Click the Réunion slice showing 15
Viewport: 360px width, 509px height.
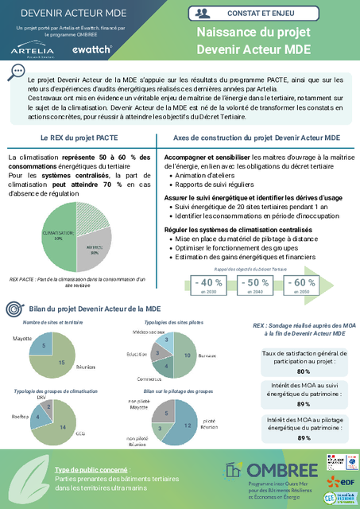coord(64,362)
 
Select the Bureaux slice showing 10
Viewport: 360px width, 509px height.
coord(186,354)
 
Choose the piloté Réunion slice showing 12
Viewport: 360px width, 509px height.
coord(186,426)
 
